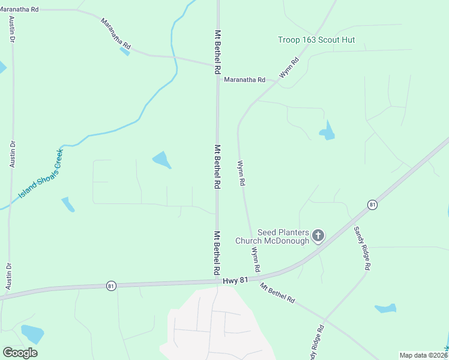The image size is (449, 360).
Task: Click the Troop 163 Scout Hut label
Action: pyautogui.click(x=316, y=40)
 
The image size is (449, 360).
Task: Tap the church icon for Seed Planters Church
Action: pyautogui.click(x=318, y=235)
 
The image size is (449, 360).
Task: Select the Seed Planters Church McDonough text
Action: pyautogui.click(x=283, y=236)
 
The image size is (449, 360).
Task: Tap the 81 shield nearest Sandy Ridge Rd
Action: pyautogui.click(x=373, y=205)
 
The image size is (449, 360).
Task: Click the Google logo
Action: pyautogui.click(x=20, y=353)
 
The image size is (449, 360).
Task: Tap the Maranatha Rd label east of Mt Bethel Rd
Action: pyautogui.click(x=244, y=79)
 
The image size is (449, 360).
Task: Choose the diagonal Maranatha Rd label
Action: pyautogui.click(x=116, y=34)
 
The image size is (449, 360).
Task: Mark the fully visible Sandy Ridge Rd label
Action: pyautogui.click(x=363, y=248)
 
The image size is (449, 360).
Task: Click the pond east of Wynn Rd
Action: pyautogui.click(x=327, y=131)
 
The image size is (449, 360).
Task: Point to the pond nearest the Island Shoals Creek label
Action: pyautogui.click(x=68, y=204)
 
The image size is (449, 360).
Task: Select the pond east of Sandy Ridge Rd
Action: pyautogui.click(x=385, y=308)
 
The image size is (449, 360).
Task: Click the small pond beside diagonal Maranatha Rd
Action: pyautogui.click(x=124, y=51)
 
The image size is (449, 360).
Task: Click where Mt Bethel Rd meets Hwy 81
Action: pyautogui.click(x=217, y=281)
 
